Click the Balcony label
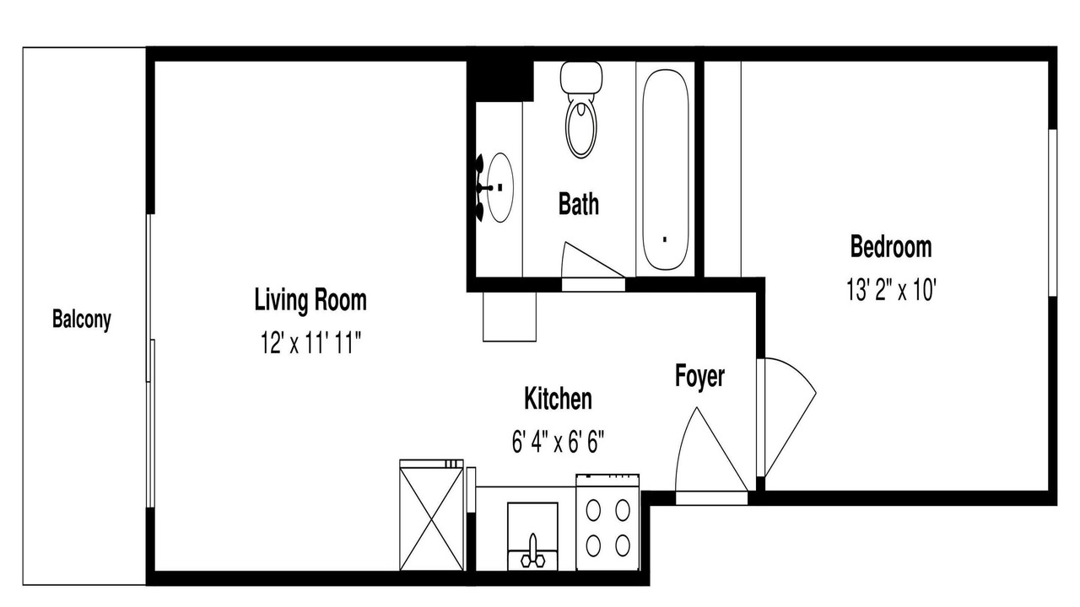(x=82, y=320)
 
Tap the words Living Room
(x=310, y=299)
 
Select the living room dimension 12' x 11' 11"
(x=310, y=342)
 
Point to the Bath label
(x=579, y=204)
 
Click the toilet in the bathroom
(x=581, y=110)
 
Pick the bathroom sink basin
(x=500, y=187)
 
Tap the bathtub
(x=666, y=169)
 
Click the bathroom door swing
(x=594, y=261)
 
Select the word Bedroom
(x=890, y=247)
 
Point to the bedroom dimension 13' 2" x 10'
(x=891, y=289)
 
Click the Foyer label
(x=699, y=376)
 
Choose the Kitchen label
(x=558, y=399)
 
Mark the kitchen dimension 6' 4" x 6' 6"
(x=558, y=442)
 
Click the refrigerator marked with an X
(x=431, y=515)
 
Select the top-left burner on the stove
(x=593, y=510)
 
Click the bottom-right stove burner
(x=623, y=545)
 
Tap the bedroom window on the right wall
(x=1053, y=212)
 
